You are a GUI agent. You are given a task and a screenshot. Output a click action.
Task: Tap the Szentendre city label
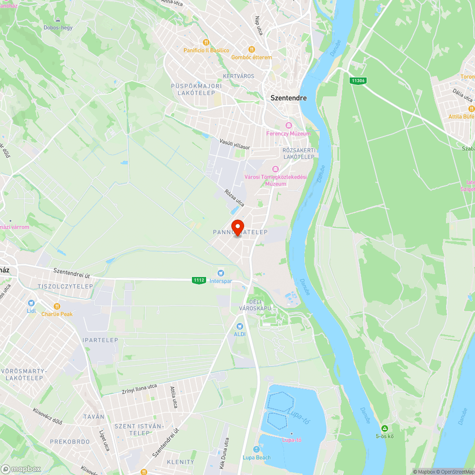pyautogui.click(x=288, y=98)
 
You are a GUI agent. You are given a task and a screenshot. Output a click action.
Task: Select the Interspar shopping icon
pyautogui.click(x=220, y=273)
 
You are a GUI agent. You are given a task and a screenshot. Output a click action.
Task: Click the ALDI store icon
pyautogui.click(x=240, y=326)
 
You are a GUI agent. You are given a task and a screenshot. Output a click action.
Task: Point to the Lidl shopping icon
pyautogui.click(x=31, y=303)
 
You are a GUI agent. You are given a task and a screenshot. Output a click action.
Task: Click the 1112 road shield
pyautogui.click(x=199, y=280)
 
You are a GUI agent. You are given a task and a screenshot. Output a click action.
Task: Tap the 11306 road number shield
pyautogui.click(x=358, y=81)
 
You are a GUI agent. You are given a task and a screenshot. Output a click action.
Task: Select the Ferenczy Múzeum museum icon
pyautogui.click(x=288, y=125)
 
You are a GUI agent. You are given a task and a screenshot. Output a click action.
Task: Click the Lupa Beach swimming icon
pyautogui.click(x=256, y=449)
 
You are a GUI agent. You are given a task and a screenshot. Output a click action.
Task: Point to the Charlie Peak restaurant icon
pyautogui.click(x=57, y=306)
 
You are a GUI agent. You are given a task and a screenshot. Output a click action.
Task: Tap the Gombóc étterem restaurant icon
pyautogui.click(x=252, y=49)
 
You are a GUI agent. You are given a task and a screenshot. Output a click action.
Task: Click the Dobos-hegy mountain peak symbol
pyautogui.click(x=58, y=20)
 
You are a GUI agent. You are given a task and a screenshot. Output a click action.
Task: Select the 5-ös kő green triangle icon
pyautogui.click(x=385, y=428)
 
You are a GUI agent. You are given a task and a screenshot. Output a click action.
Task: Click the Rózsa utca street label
pyautogui.click(x=234, y=198)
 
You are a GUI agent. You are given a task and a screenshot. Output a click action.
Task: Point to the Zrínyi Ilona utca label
pyautogui.click(x=137, y=389)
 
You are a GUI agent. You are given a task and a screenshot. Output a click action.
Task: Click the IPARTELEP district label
pyautogui.click(x=100, y=340)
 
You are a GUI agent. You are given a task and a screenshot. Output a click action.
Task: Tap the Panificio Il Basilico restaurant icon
pyautogui.click(x=206, y=42)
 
